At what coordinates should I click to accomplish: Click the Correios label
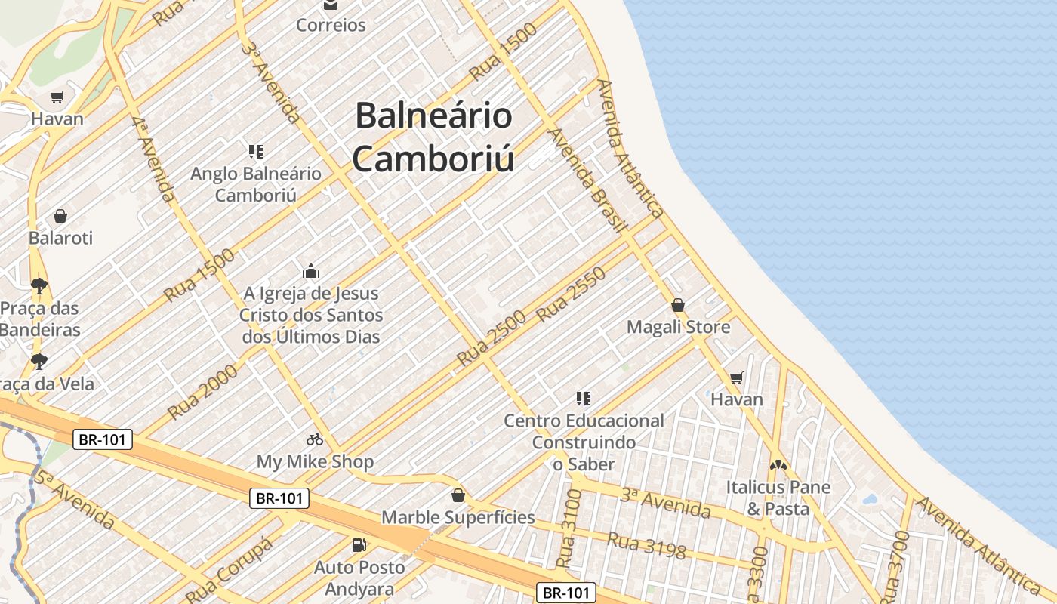pos(331,25)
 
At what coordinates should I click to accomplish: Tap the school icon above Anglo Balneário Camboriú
pos(255,152)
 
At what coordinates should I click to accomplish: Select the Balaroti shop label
pos(60,238)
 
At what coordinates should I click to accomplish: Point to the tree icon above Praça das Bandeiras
pos(39,286)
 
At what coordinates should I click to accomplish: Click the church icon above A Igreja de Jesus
pos(311,271)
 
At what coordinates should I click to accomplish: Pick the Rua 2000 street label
pos(202,390)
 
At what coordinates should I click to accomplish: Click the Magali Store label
pos(678,327)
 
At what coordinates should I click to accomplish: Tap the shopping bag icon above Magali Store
pos(678,306)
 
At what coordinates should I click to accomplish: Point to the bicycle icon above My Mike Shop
pos(315,439)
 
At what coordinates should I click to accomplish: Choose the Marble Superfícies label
pos(458,517)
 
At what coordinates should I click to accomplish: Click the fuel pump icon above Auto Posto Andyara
pos(359,544)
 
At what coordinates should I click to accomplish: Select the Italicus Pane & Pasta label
pos(778,498)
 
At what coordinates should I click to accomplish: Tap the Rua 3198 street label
pos(646,547)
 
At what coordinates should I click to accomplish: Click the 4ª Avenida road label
pos(153,158)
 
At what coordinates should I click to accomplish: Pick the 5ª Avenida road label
pos(73,499)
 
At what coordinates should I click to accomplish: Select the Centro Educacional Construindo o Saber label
pos(584,442)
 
